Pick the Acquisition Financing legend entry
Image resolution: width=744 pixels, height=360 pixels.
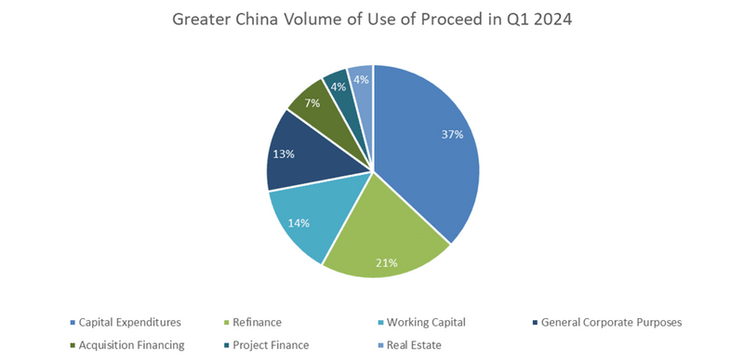[130, 344]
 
